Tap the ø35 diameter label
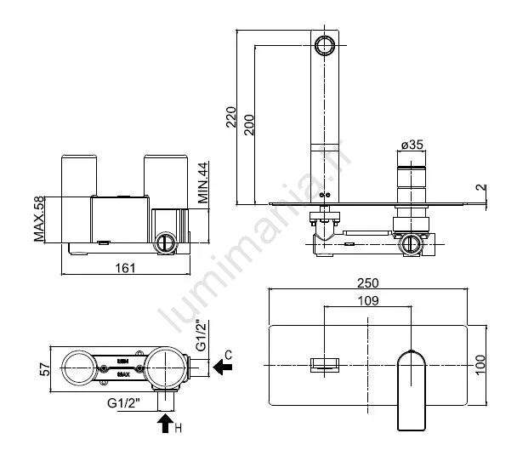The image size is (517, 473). point(411,144)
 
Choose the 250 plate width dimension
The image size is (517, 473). point(367,283)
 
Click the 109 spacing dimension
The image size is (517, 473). point(367,299)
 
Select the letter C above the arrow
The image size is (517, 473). point(227,351)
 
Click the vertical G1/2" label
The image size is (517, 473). point(200,336)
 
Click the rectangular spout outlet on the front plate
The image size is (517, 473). point(325,363)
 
